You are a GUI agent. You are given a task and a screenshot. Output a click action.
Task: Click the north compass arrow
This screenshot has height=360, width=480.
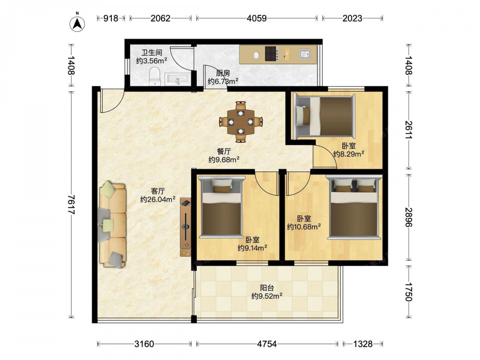click(77, 24)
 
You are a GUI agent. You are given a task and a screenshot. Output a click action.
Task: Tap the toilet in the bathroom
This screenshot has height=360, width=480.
click(155, 76)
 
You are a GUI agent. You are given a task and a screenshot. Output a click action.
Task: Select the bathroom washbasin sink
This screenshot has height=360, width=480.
click(178, 79)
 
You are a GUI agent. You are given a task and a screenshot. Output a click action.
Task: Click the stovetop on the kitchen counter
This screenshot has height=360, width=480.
click(271, 54)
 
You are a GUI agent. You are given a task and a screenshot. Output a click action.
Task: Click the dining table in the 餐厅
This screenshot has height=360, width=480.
click(240, 122)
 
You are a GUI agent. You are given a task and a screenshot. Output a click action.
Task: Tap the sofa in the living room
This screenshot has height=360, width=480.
click(112, 224)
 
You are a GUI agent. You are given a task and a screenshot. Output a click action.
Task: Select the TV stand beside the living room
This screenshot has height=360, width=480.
click(185, 227)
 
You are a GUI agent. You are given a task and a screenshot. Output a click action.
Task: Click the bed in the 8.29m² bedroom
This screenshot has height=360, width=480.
click(324, 116)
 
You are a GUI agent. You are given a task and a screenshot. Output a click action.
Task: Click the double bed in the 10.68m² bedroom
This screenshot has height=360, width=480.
click(354, 207)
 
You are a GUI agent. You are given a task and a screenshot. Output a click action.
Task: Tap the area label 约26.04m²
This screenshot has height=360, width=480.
click(158, 200)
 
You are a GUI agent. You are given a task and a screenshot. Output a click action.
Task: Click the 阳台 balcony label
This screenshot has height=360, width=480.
click(267, 288)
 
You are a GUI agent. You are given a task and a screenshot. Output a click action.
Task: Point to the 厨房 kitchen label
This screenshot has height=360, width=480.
click(223, 73)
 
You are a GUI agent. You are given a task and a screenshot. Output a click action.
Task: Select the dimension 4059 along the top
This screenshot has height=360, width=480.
click(256, 18)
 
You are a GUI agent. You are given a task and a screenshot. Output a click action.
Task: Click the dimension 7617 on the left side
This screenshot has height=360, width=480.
click(71, 204)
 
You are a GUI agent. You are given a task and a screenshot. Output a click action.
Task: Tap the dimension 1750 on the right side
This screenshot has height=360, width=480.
click(408, 292)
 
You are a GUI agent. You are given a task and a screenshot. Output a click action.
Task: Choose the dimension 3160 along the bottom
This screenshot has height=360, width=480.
click(144, 344)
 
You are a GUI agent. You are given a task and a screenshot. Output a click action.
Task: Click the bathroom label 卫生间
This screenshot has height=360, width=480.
click(152, 53)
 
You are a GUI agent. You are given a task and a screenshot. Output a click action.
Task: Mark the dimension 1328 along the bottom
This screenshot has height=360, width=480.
click(363, 344)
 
